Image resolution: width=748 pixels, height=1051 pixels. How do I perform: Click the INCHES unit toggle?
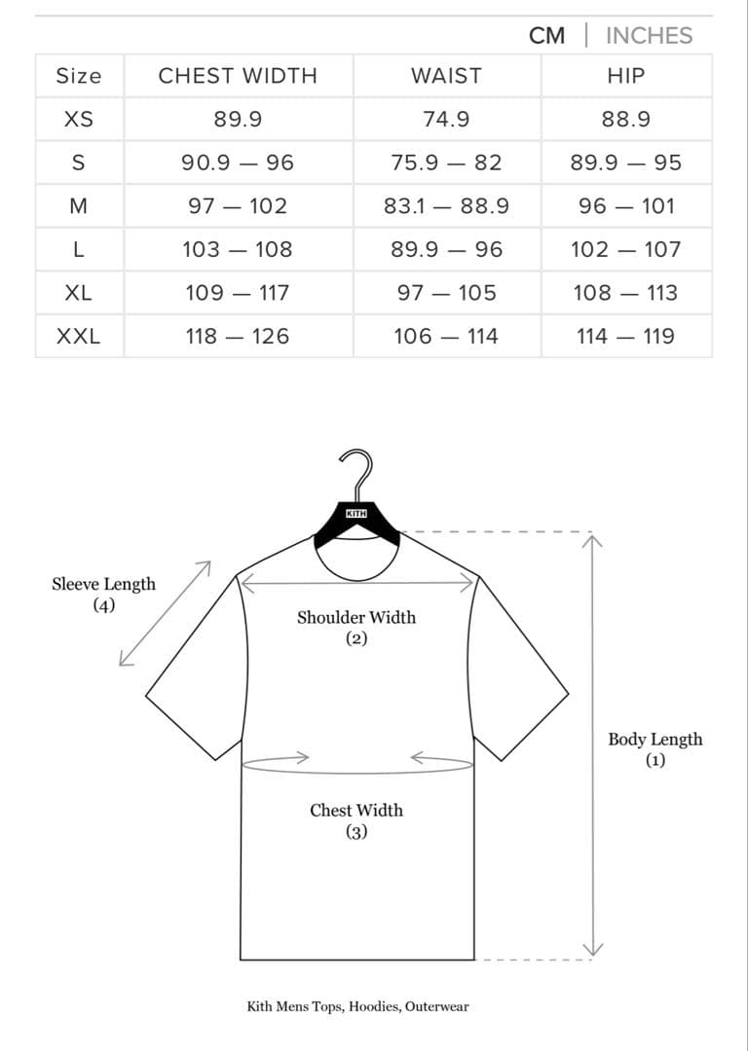(x=649, y=36)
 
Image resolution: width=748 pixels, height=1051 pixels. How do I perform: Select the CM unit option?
(x=546, y=36)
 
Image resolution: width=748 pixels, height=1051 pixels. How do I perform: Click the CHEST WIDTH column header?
(x=238, y=76)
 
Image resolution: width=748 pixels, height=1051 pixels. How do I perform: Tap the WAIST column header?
(x=446, y=76)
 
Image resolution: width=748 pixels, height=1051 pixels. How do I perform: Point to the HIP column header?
(x=626, y=76)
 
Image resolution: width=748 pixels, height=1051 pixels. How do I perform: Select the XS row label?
(x=79, y=120)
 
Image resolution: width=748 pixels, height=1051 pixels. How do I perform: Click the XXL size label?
(x=79, y=337)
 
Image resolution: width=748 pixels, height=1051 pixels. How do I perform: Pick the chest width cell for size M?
(x=238, y=205)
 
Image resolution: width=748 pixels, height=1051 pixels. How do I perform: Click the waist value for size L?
(x=446, y=249)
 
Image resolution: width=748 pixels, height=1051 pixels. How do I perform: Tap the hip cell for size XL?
(x=626, y=293)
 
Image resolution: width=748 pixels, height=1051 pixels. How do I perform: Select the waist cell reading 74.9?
(x=446, y=120)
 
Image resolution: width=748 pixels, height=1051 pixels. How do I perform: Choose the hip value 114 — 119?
(x=626, y=337)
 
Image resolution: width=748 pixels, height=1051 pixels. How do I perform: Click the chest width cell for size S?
(x=238, y=163)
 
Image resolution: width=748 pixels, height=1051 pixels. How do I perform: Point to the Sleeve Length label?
(x=104, y=594)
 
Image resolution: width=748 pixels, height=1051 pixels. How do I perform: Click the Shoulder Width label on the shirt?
(x=356, y=627)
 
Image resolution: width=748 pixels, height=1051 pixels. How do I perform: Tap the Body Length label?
(x=655, y=748)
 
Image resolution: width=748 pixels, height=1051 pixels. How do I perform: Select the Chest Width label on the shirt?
(x=356, y=820)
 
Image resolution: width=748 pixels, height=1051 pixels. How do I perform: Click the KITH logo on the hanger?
(x=356, y=514)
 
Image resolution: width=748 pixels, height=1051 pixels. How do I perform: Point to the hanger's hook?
(x=356, y=472)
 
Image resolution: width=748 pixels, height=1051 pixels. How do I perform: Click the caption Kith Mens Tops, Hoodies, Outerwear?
(x=357, y=1006)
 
